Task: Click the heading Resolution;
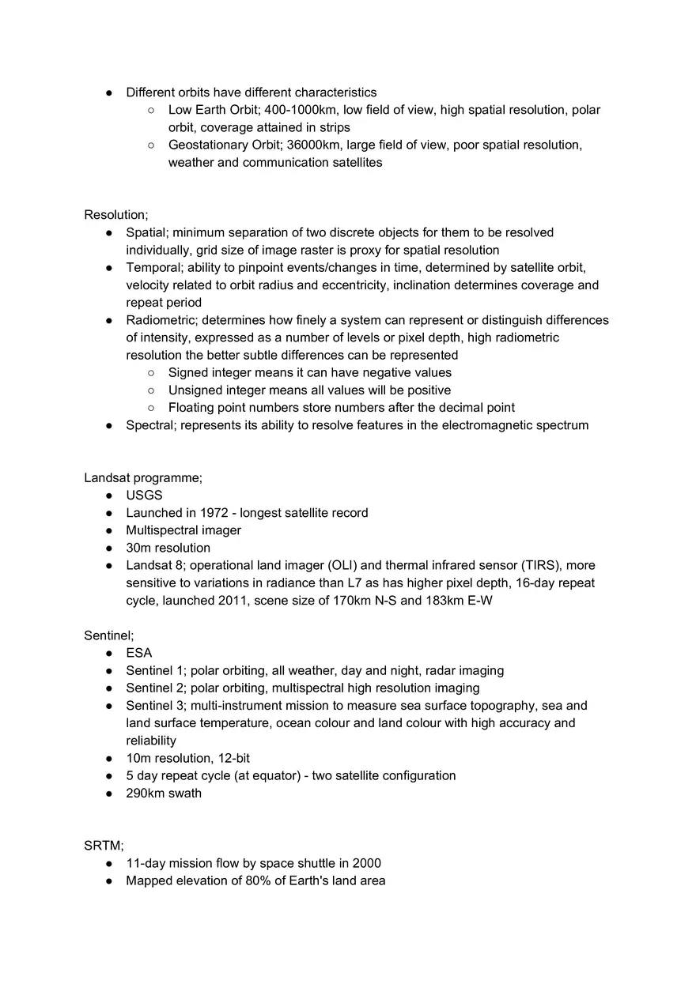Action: [115, 215]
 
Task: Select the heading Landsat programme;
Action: [143, 478]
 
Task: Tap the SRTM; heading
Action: [104, 846]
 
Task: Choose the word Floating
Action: [191, 408]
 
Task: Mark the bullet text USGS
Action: [144, 496]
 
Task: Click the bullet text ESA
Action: [139, 653]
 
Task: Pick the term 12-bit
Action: [233, 759]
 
